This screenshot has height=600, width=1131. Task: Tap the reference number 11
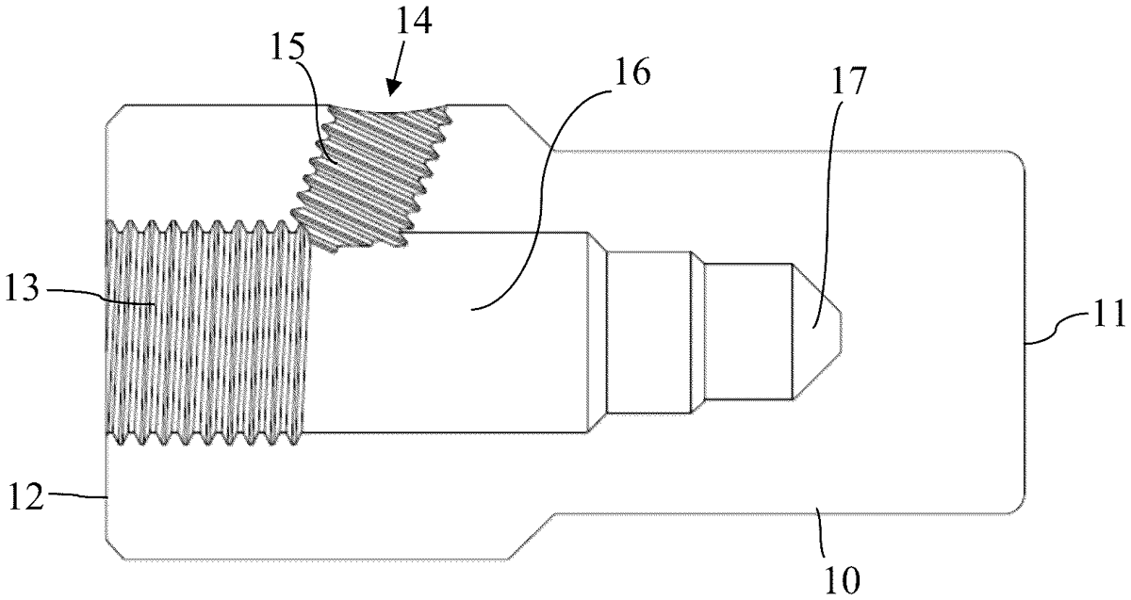coord(1109,313)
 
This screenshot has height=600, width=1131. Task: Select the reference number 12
coord(25,498)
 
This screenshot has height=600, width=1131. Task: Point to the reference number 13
coord(23,290)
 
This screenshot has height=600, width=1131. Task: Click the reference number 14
coord(414,22)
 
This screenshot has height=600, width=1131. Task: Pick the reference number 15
coord(288,47)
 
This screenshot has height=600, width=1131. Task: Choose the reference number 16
coord(632,73)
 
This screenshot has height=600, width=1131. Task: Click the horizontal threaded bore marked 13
coord(207,333)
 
